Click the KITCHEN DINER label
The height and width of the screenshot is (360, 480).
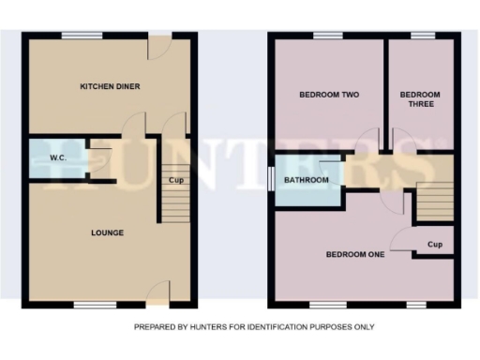pyautogui.click(x=110, y=87)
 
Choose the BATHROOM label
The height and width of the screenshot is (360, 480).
pyautogui.click(x=307, y=180)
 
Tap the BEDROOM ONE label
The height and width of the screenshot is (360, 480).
pyautogui.click(x=354, y=254)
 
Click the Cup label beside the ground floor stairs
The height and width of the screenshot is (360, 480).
pyautogui.click(x=174, y=180)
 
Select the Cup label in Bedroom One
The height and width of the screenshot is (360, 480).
pyautogui.click(x=434, y=246)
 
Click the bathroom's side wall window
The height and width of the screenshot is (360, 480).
pyautogui.click(x=270, y=178)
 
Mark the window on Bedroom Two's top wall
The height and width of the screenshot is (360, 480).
pyautogui.click(x=328, y=36)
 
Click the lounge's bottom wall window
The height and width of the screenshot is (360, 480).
pyautogui.click(x=90, y=305)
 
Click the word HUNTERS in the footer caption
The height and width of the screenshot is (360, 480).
pyautogui.click(x=197, y=327)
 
